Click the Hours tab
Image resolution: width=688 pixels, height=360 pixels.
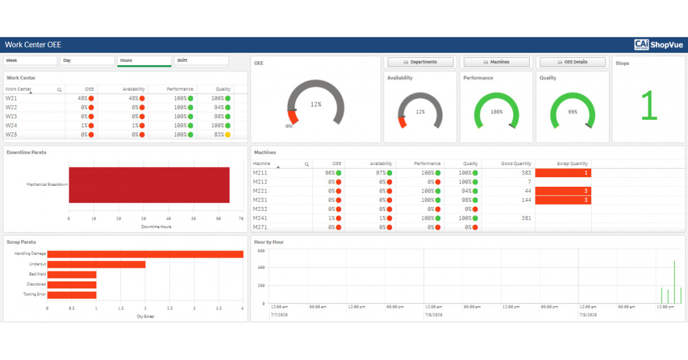[144, 61]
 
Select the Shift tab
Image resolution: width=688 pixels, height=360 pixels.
[201, 61]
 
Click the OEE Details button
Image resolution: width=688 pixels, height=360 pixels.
[572, 62]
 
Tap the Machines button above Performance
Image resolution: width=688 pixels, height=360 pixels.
[496, 62]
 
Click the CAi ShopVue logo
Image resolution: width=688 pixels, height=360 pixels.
[659, 45]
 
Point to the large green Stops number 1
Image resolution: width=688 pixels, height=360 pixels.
[648, 106]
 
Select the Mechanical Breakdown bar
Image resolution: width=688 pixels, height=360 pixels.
[149, 185]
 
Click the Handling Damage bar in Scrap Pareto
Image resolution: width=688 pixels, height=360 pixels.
[145, 254]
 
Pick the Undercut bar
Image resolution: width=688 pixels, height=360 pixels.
[96, 264]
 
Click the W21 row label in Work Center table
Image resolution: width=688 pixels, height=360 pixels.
[11, 99]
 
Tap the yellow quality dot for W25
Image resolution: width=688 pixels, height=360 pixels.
[228, 135]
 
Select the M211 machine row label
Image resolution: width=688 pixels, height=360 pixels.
[260, 173]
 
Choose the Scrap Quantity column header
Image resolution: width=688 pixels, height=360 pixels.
[572, 163]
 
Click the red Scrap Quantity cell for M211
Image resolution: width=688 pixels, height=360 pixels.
[563, 173]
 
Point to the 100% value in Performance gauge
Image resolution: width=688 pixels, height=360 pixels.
[496, 112]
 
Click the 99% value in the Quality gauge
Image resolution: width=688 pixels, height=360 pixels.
[572, 112]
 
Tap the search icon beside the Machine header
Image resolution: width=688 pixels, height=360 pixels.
[307, 164]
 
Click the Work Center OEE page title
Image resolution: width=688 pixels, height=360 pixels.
[33, 45]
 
